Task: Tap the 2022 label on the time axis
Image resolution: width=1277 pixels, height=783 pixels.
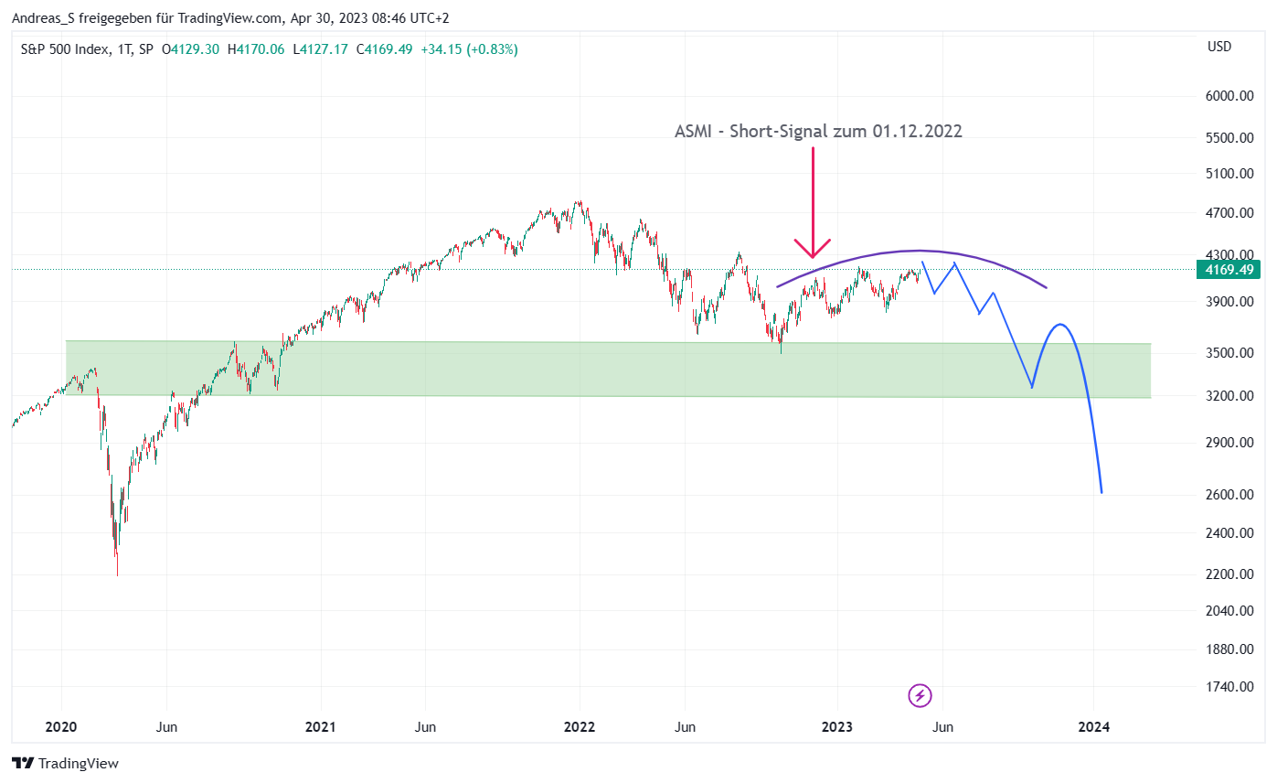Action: point(580,727)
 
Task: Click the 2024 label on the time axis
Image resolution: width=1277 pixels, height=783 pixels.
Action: point(1094,727)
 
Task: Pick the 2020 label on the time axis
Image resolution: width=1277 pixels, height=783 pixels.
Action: point(62,727)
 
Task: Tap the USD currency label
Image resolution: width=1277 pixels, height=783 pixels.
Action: point(1218,47)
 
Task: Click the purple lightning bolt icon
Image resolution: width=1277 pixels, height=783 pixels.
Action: point(920,696)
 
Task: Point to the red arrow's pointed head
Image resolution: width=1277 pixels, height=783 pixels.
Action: point(812,257)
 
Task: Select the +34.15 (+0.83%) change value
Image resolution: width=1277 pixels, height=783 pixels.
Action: point(469,49)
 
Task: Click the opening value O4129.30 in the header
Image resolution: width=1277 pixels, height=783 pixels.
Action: point(190,49)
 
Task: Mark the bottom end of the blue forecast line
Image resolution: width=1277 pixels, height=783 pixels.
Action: point(1101,493)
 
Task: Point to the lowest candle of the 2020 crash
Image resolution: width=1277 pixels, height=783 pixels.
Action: point(117,573)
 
